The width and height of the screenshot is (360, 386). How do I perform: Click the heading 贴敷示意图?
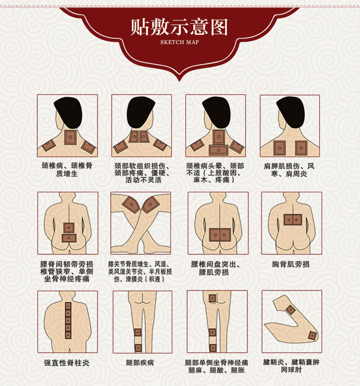[179, 27]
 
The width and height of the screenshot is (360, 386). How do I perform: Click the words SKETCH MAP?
[180, 42]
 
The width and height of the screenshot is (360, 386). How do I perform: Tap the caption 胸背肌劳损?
[291, 264]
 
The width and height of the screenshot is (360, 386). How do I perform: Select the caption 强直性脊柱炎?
[67, 363]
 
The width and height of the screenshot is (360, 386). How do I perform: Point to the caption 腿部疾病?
[140, 363]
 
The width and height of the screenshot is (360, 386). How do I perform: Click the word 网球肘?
[292, 369]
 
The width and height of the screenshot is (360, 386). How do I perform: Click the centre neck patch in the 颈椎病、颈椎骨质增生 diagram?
[70, 137]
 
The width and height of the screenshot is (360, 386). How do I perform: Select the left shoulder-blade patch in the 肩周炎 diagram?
[279, 148]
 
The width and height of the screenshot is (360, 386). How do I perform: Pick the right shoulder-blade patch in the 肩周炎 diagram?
[301, 148]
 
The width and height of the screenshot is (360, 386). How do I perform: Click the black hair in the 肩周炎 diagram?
[291, 111]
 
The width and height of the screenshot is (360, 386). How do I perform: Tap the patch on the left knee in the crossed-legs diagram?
[131, 205]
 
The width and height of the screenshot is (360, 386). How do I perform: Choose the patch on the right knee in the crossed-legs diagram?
[150, 204]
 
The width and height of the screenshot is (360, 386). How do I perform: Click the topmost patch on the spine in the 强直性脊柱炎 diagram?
[67, 306]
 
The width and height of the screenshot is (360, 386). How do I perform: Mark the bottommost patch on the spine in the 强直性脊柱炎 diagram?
[67, 335]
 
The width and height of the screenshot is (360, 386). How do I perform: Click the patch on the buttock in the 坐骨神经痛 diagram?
[212, 298]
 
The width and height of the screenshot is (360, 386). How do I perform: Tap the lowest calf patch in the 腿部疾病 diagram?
[138, 348]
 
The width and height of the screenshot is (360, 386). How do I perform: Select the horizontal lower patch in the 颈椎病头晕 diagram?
[218, 150]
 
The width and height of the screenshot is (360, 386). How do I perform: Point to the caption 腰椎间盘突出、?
[216, 264]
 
